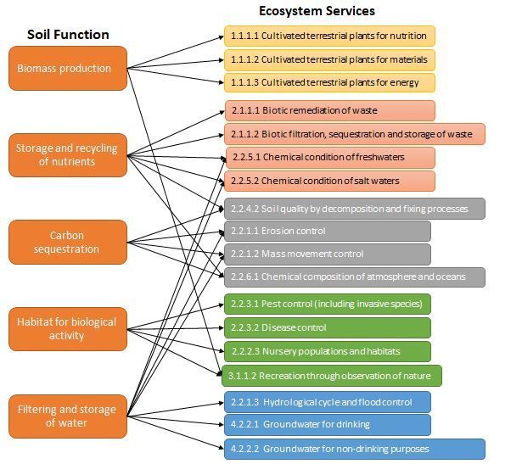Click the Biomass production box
pyautogui.click(x=68, y=68)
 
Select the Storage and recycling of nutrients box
pyautogui.click(x=68, y=155)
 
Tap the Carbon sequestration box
pyautogui.click(x=68, y=242)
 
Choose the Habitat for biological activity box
pyautogui.click(x=68, y=329)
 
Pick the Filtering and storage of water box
pyautogui.click(x=68, y=416)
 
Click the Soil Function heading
pyautogui.click(x=68, y=35)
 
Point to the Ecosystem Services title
pyautogui.click(x=317, y=11)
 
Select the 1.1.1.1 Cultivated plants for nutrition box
pyautogui.click(x=329, y=36)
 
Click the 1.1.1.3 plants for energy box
pyautogui.click(x=329, y=82)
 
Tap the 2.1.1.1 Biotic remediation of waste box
pyautogui.click(x=330, y=110)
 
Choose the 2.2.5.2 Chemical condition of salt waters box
pyautogui.click(x=329, y=181)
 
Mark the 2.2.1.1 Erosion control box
pyautogui.click(x=328, y=231)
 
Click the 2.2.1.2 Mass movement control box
pyautogui.click(x=328, y=254)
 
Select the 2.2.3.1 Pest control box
pyautogui.click(x=328, y=304)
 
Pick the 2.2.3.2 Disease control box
pyautogui.click(x=328, y=327)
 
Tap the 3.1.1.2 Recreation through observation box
pyautogui.click(x=332, y=376)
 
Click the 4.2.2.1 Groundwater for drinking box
pyautogui.click(x=328, y=425)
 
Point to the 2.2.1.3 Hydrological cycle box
pyautogui.click(x=328, y=402)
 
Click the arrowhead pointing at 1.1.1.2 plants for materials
pyautogui.click(x=222, y=60)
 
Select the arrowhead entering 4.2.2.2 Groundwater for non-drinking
pyautogui.click(x=222, y=448)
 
